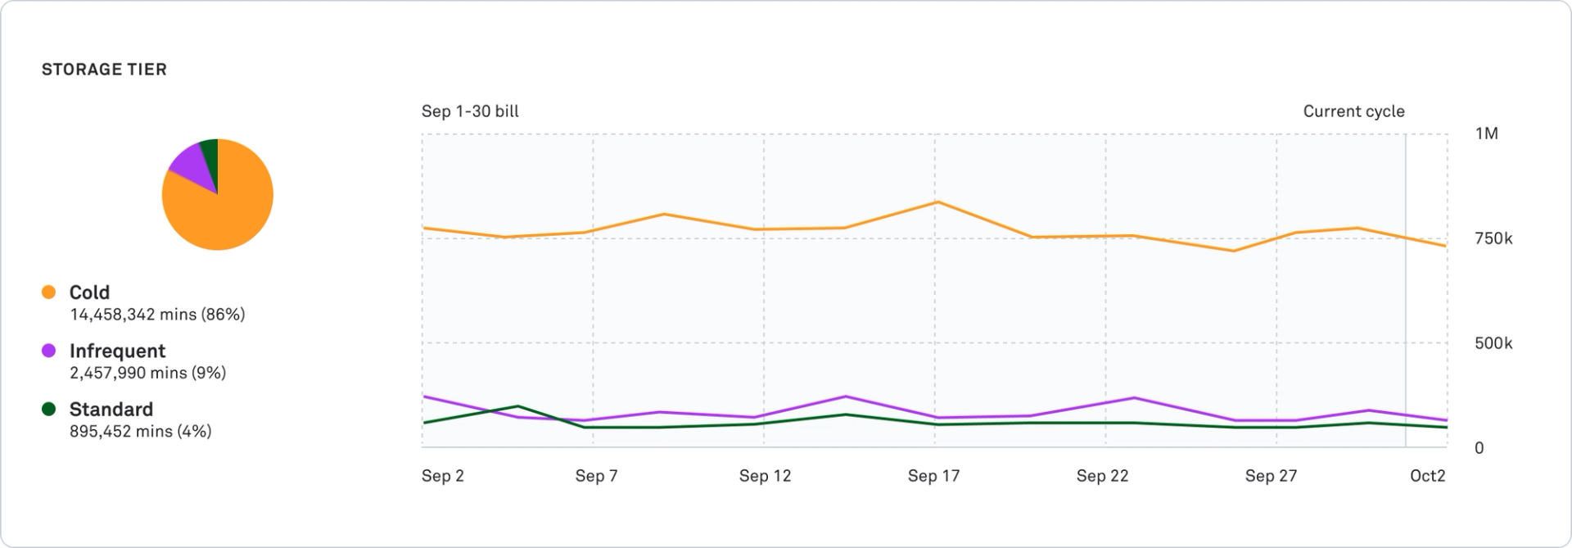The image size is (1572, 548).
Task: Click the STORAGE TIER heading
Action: [104, 70]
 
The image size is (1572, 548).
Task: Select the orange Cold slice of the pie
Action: [229, 209]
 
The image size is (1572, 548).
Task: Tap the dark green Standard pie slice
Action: [210, 153]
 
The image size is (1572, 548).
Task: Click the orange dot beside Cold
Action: [49, 292]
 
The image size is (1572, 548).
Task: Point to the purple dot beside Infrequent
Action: [49, 351]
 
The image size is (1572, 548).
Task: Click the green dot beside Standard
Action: [49, 409]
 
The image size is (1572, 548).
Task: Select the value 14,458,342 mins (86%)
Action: [157, 315]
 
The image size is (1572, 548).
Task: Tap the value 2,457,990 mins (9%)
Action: [147, 373]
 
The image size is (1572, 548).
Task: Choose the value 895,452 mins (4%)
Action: [140, 432]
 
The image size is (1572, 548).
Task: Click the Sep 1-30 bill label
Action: [470, 111]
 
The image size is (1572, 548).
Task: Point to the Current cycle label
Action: [1353, 111]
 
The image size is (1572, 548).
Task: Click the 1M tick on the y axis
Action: [1486, 134]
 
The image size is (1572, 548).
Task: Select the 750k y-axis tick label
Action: [1493, 238]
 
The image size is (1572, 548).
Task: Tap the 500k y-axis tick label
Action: [1493, 343]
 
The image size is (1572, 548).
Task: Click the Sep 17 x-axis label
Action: [933, 476]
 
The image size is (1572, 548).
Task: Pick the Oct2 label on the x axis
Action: [1427, 476]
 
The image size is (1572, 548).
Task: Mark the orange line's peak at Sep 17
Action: [937, 202]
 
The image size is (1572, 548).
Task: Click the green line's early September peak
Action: [517, 405]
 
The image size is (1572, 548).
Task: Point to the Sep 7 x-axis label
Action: [596, 476]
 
